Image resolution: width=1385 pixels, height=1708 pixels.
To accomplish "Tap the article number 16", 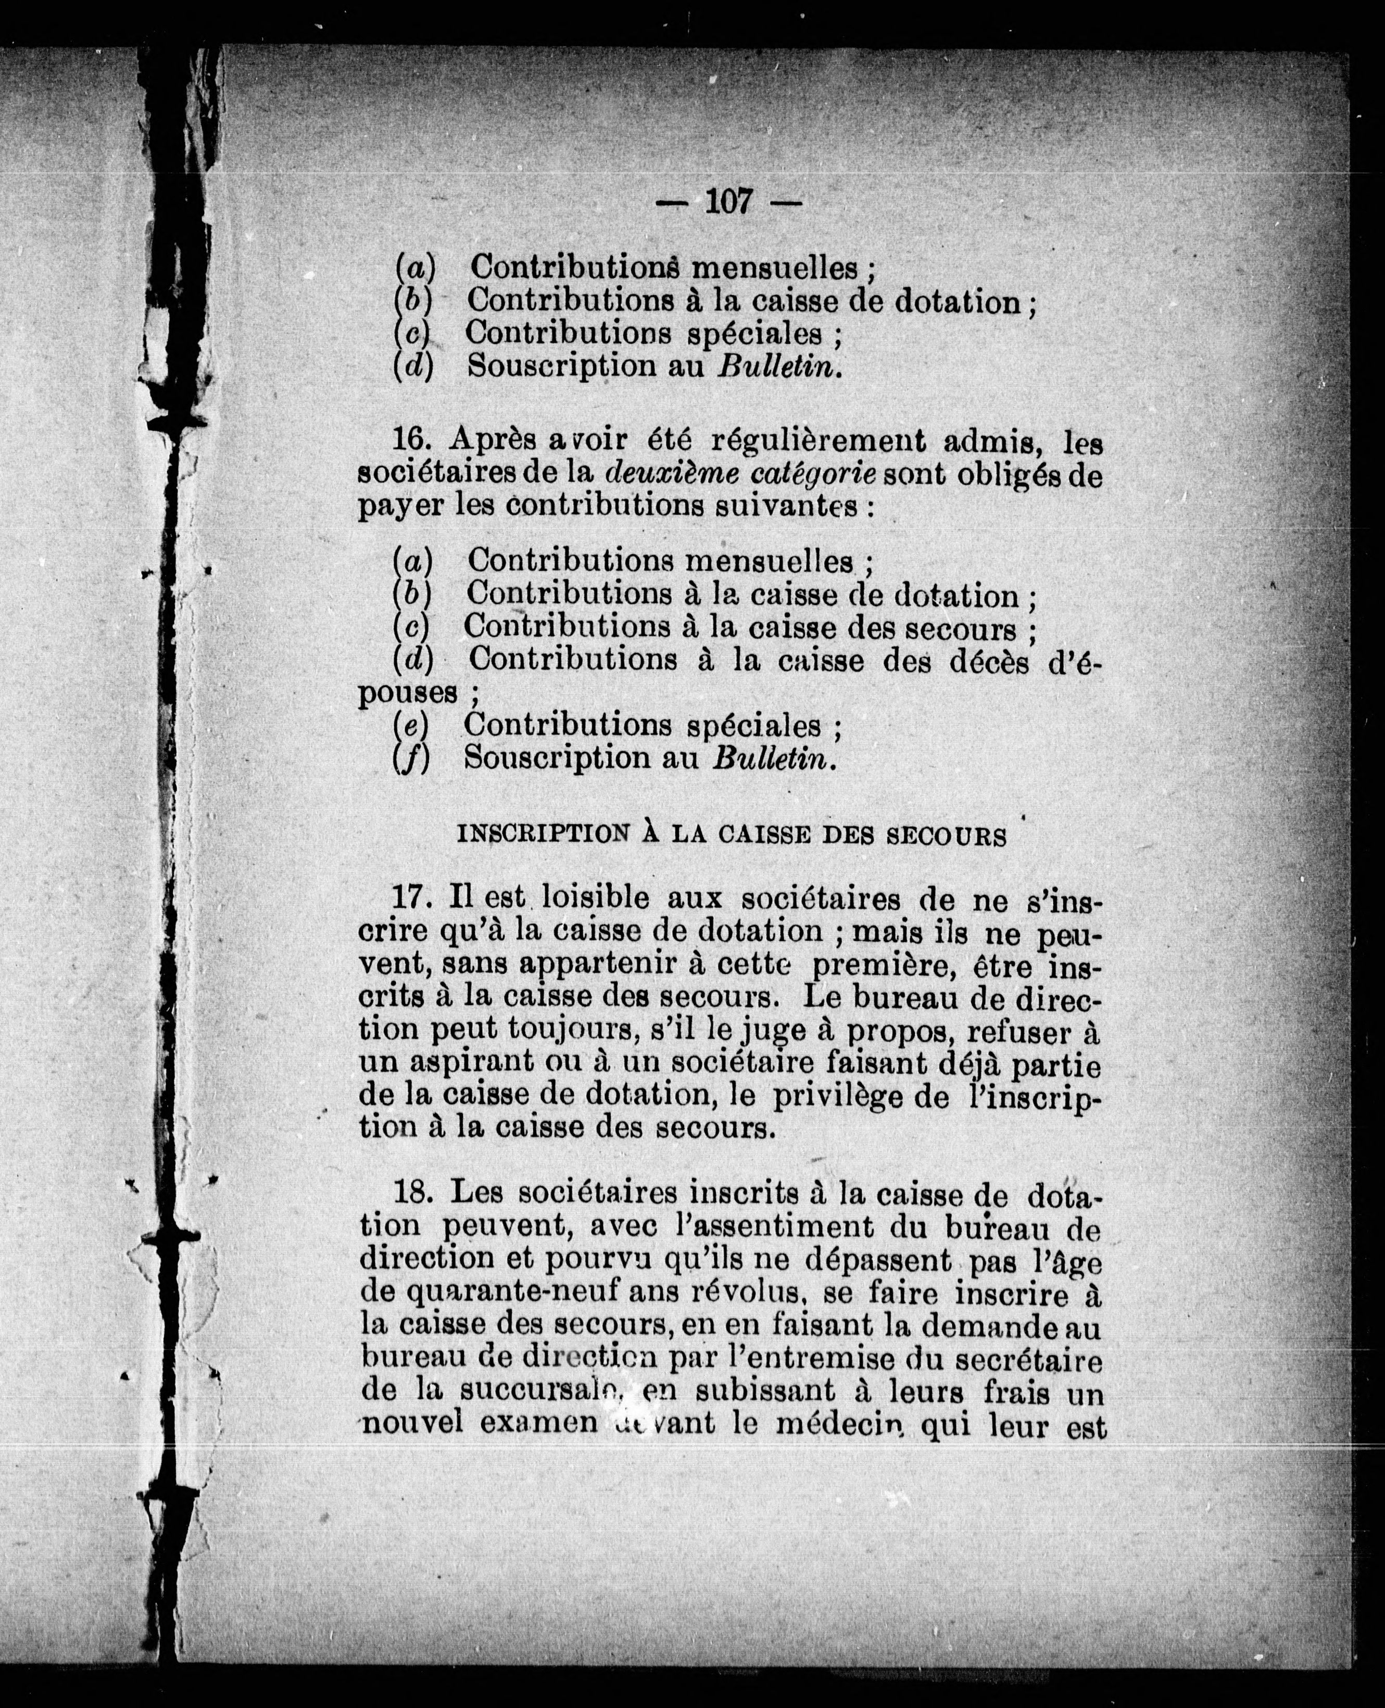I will coord(412,441).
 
